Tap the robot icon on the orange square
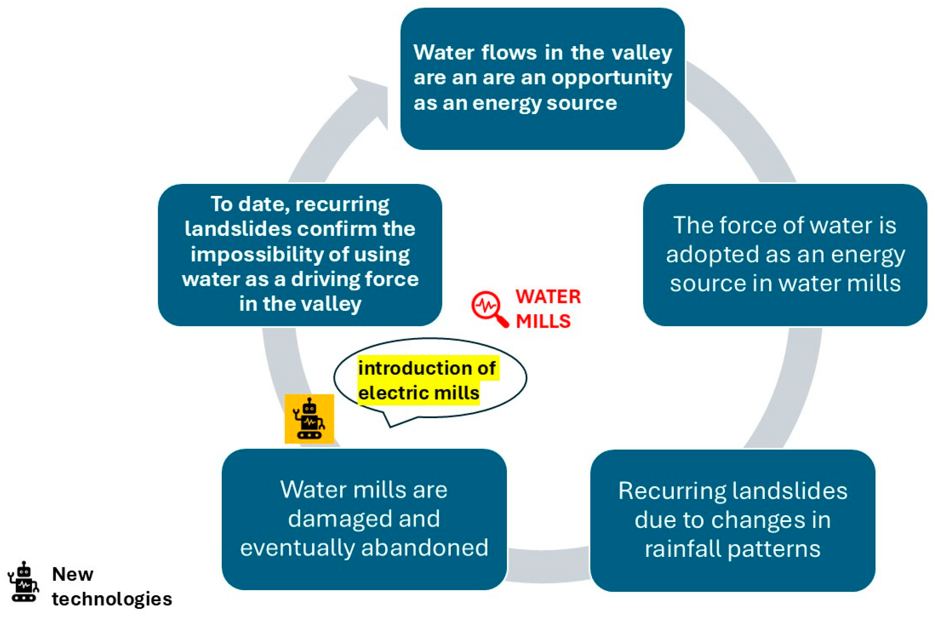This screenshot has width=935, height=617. pos(309,419)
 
